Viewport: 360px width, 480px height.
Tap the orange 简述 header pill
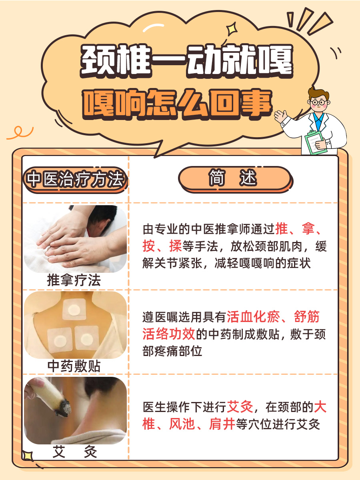tap(234, 178)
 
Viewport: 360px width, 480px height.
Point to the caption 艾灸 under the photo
tap(75, 452)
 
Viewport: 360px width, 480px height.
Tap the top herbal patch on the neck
tap(74, 309)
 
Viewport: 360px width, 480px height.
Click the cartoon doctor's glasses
tap(318, 102)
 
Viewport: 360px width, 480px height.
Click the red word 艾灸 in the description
tap(240, 408)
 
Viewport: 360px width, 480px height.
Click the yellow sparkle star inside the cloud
tap(231, 30)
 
